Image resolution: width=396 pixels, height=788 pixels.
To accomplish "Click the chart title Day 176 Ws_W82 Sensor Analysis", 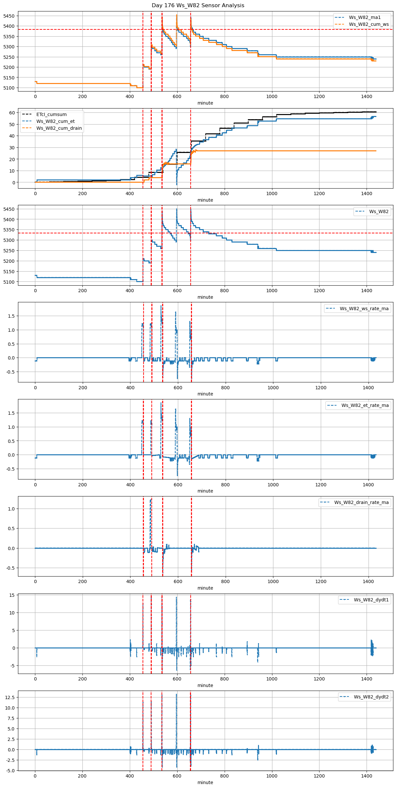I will [x=198, y=6].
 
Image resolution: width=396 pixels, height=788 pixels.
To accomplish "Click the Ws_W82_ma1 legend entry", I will [x=365, y=17].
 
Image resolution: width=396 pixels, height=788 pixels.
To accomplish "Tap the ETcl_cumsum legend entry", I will [x=51, y=115].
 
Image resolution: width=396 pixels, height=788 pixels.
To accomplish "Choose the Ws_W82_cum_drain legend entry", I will [x=59, y=128].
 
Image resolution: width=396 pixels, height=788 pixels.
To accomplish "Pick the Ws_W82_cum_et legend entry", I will [x=55, y=122].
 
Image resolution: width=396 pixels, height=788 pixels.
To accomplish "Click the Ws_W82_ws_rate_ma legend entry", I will [x=364, y=309].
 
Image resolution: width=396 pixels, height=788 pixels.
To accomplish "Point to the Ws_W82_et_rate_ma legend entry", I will [x=365, y=406].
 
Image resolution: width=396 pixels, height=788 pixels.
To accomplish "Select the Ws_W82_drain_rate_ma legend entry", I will [x=361, y=502].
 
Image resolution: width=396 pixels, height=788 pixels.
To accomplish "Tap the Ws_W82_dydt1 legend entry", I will [x=371, y=600].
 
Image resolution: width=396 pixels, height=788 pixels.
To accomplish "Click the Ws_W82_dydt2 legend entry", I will [x=371, y=697].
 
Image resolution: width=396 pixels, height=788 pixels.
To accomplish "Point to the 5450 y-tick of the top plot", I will [x=9, y=16].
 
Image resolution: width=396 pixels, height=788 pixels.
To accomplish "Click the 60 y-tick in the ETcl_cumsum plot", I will [x=12, y=113].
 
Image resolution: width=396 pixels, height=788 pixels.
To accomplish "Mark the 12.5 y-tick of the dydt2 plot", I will [x=9, y=697].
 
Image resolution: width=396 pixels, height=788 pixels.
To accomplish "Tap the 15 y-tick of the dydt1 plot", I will [x=12, y=595].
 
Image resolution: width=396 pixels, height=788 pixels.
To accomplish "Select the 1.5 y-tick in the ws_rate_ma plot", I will [x=11, y=316].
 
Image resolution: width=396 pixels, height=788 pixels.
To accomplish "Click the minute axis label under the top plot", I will [x=205, y=103].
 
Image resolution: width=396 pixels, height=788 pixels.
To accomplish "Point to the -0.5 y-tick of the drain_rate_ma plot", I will [x=10, y=568].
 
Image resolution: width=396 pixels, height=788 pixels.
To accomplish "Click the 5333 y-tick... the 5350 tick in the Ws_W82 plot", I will [x=9, y=230].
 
